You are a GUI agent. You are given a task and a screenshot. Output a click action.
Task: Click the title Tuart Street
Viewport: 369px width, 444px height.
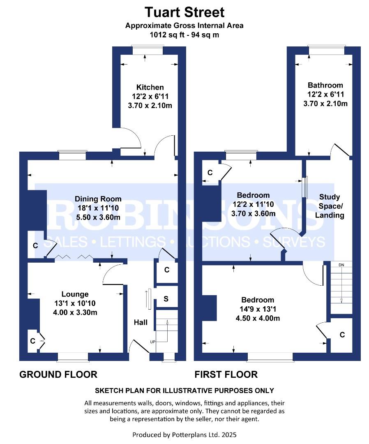184,12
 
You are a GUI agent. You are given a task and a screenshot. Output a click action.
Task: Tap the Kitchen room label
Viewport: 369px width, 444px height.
150,87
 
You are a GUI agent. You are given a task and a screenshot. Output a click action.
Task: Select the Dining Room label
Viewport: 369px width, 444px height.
98,199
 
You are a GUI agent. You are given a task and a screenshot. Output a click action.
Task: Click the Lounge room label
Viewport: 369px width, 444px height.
75,294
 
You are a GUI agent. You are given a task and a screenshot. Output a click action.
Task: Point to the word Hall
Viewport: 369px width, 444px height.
141,322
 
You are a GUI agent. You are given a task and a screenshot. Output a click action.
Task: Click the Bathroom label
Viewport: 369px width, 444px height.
325,85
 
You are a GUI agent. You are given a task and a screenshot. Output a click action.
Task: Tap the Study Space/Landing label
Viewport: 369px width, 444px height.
330,206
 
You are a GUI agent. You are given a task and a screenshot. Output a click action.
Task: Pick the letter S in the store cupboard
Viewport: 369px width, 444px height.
166,298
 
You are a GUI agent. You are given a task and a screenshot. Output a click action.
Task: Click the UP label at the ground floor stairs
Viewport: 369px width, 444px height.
152,342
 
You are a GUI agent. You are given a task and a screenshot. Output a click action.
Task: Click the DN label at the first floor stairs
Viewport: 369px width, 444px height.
341,265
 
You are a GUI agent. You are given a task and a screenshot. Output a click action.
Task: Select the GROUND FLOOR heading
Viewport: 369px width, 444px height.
58,375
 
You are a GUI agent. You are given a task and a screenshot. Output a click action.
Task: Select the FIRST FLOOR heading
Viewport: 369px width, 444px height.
226,375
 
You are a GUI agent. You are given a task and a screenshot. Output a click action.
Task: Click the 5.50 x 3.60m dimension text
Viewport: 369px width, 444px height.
98,217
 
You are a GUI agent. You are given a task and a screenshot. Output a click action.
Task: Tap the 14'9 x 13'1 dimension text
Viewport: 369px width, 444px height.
258,309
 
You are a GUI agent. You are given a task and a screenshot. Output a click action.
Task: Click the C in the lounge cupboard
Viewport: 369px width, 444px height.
33,341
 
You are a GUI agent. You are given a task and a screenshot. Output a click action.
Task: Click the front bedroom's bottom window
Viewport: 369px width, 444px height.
270,357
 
